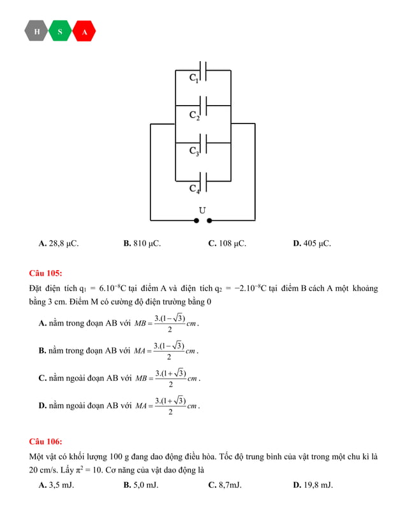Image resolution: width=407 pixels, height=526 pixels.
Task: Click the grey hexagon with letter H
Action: pos(36,31)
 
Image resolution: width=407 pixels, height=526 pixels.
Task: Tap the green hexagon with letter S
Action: pos(60,31)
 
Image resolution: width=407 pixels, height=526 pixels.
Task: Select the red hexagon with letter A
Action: pos(84,31)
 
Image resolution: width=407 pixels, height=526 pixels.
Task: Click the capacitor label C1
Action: pos(194,78)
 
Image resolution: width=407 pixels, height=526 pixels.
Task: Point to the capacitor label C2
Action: pos(194,116)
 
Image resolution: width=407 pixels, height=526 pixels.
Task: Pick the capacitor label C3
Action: pos(194,152)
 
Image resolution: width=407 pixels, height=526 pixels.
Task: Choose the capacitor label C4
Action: pos(194,188)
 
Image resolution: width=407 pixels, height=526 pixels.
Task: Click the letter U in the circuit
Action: pos(202,210)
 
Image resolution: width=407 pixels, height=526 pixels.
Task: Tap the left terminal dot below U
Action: pos(196,221)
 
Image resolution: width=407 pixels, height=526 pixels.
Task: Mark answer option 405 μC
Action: pos(312,243)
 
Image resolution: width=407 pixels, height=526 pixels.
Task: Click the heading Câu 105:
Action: pos(45,274)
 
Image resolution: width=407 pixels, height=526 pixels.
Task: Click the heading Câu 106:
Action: pos(45,441)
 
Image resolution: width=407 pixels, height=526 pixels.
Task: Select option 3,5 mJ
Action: pos(56,485)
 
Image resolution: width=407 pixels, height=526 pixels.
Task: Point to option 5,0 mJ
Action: pos(141,485)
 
